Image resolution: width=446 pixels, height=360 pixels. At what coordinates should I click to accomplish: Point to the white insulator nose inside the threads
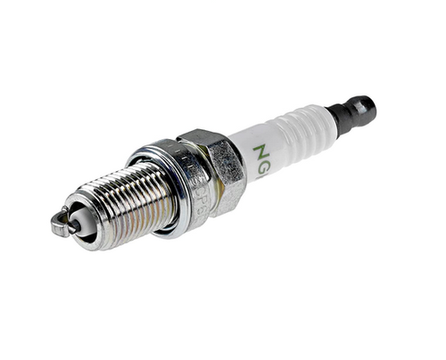(80, 223)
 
